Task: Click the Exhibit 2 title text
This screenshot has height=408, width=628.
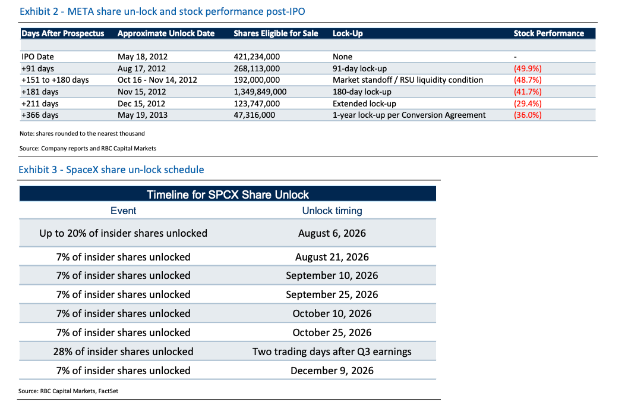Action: coord(162,11)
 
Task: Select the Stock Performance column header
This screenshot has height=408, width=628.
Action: coord(549,33)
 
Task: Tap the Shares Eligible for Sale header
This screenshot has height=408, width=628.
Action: coord(276,33)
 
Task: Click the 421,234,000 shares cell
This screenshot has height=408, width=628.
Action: coord(257,57)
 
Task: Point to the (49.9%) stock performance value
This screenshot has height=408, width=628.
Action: coord(528,68)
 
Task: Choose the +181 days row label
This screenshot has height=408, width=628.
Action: coord(40,92)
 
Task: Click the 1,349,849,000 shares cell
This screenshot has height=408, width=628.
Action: coord(260,92)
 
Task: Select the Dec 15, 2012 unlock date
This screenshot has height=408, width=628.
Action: coord(141,103)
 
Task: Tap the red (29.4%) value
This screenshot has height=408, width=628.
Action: coord(528,103)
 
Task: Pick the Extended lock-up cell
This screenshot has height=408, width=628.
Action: coord(364,103)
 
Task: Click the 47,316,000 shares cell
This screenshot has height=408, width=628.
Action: coord(254,115)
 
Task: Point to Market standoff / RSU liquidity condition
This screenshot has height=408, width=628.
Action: coord(408,80)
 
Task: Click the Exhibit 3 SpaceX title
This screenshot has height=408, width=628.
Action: coord(111,170)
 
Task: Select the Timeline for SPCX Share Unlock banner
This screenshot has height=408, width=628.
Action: coord(228,194)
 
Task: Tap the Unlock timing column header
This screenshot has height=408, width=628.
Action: coord(332,211)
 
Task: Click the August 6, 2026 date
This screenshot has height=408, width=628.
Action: coord(332,233)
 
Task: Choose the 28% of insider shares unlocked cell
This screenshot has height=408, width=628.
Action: coord(124,351)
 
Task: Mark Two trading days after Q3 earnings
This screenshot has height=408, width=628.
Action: coord(332,351)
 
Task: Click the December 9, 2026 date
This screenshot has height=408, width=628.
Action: coord(332,371)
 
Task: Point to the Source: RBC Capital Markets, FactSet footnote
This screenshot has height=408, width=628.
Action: coord(68,391)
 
